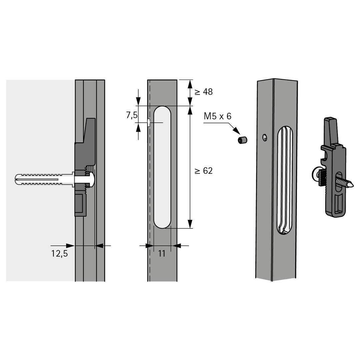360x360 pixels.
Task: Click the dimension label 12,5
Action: click(59, 254)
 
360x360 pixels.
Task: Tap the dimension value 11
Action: click(162, 254)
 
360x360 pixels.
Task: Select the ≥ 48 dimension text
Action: click(204, 92)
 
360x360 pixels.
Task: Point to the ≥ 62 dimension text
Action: click(204, 171)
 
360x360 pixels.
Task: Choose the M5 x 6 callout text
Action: click(217, 116)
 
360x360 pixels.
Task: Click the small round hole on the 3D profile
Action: click(265, 138)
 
